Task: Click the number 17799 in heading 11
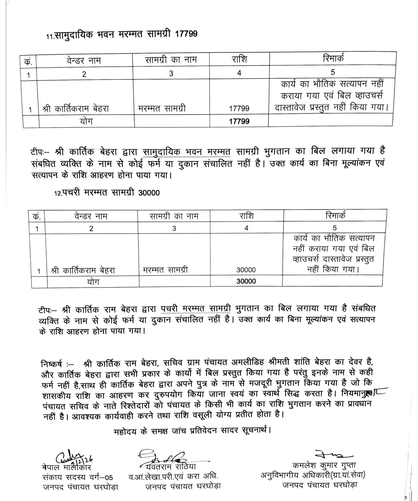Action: (x=186, y=34)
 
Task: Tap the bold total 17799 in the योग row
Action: (x=239, y=121)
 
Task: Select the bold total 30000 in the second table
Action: (x=246, y=281)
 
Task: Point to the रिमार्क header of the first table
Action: (x=333, y=58)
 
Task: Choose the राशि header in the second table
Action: (x=246, y=216)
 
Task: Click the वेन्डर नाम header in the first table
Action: (x=84, y=60)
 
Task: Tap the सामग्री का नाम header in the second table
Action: (x=174, y=216)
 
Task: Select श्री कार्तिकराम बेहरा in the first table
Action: (x=75, y=109)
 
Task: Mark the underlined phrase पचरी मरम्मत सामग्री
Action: (x=195, y=309)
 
